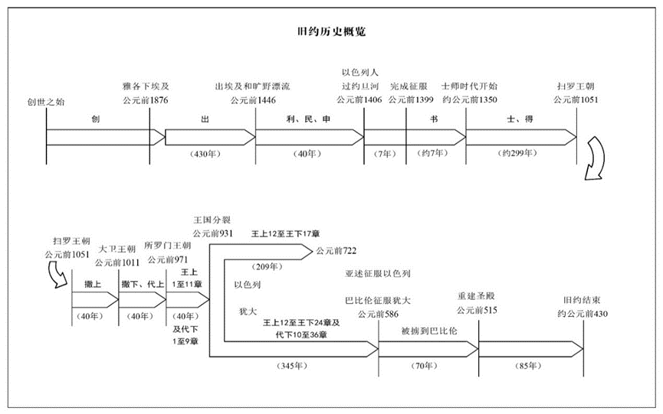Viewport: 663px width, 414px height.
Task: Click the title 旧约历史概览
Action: coord(330,32)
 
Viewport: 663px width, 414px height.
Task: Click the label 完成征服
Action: coord(411,86)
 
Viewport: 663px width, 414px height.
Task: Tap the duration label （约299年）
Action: coord(515,154)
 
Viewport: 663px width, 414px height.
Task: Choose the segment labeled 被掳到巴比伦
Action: coord(428,331)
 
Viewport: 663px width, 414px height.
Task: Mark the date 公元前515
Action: coord(477,310)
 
